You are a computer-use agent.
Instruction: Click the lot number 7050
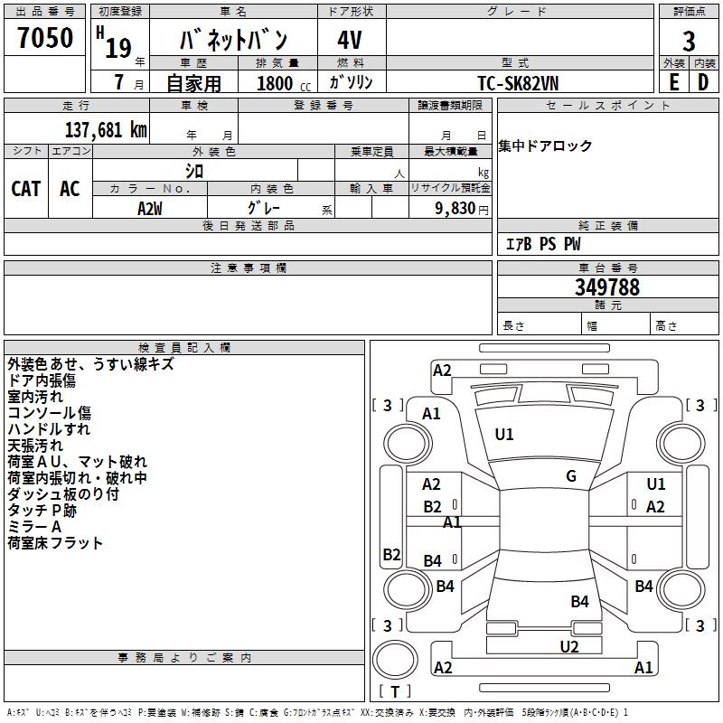[45, 38]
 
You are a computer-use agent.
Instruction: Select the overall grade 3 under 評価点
[689, 42]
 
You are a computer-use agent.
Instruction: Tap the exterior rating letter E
[674, 82]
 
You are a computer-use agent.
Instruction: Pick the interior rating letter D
[703, 82]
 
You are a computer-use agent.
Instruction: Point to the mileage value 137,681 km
[106, 130]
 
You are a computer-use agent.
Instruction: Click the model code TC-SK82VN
[518, 83]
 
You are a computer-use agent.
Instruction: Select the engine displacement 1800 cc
[284, 83]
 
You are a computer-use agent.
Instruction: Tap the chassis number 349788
[607, 287]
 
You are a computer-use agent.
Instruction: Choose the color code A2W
[150, 209]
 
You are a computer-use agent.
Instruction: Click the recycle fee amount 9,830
[455, 209]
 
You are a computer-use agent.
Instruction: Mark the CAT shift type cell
[26, 189]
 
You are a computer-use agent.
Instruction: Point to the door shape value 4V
[350, 40]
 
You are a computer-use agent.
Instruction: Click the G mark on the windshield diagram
[571, 476]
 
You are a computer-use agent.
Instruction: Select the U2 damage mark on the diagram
[569, 646]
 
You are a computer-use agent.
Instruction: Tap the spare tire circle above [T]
[395, 660]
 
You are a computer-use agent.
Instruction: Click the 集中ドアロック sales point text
[545, 146]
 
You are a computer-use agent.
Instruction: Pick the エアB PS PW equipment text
[543, 244]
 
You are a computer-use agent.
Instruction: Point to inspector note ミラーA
[34, 527]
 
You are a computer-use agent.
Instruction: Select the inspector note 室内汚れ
[35, 397]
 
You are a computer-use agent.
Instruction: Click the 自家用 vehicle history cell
[193, 83]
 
